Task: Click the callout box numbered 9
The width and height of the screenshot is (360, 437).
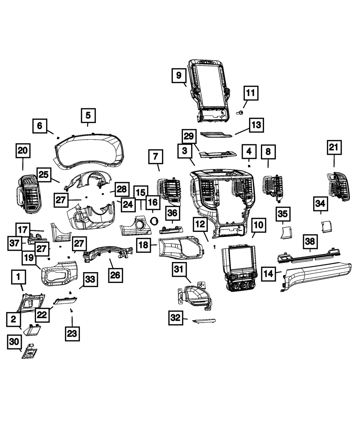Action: (x=179, y=76)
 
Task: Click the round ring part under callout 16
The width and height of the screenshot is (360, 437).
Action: (x=154, y=221)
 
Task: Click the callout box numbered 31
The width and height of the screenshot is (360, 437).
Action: (x=179, y=269)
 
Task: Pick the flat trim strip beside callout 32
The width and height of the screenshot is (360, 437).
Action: (x=204, y=320)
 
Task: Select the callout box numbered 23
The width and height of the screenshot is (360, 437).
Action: (x=72, y=333)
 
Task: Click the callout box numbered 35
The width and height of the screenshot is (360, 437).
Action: (x=283, y=214)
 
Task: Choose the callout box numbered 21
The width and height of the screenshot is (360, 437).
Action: (x=334, y=148)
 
